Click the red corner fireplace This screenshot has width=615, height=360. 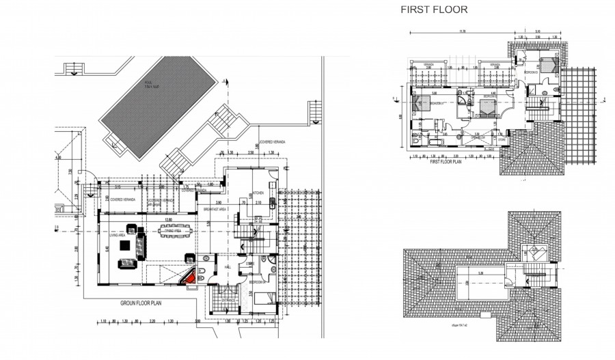(x=189, y=277)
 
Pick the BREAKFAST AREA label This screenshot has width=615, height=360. (x=217, y=210)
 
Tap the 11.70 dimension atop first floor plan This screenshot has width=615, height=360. (x=463, y=31)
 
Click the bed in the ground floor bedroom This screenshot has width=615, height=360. (x=262, y=296)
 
